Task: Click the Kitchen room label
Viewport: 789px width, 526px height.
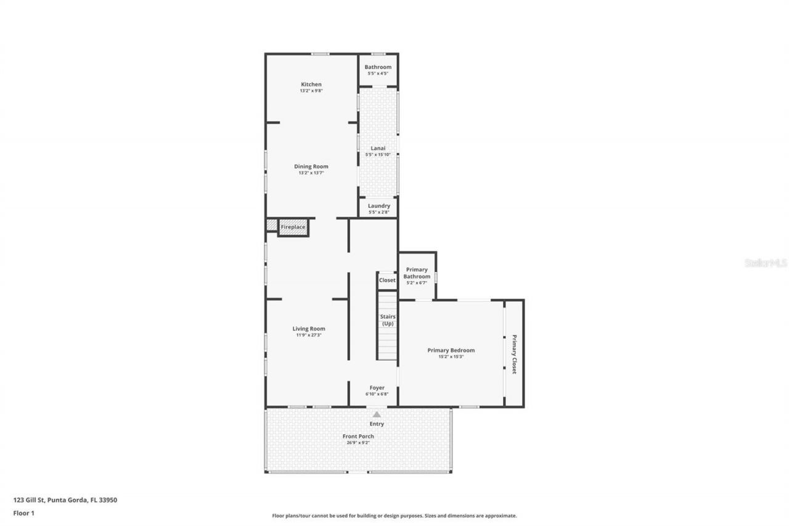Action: (x=311, y=84)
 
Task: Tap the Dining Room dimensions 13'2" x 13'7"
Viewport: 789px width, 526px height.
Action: (x=311, y=173)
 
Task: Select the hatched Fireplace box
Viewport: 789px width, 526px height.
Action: (x=293, y=227)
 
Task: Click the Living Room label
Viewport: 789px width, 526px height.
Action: (x=308, y=329)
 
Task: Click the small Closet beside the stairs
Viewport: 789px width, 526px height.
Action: (x=387, y=280)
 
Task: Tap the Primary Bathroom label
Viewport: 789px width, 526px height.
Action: (x=417, y=273)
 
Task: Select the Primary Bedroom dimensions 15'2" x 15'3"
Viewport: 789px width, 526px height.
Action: (x=451, y=356)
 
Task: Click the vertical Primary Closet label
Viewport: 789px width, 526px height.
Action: (x=513, y=354)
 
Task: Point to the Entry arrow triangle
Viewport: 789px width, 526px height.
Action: (x=377, y=414)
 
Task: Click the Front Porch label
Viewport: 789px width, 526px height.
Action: (x=358, y=436)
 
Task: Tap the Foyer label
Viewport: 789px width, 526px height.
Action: (x=377, y=388)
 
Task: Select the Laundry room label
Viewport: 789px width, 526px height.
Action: (x=378, y=206)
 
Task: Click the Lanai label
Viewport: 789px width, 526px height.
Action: (x=378, y=148)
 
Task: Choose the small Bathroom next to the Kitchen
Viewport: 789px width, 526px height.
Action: (x=378, y=67)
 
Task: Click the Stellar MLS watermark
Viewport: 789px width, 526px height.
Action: (x=766, y=263)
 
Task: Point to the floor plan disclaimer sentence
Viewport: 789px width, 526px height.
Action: (x=394, y=516)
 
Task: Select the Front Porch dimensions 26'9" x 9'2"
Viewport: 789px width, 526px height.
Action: (x=358, y=443)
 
